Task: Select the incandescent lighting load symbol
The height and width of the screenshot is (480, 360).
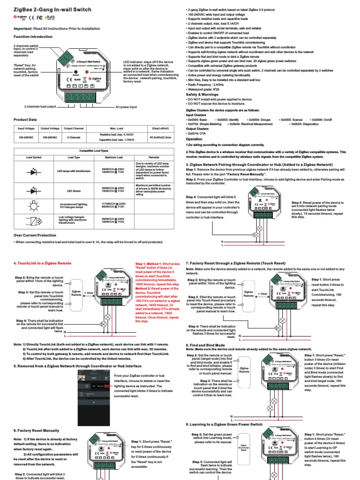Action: (34, 205)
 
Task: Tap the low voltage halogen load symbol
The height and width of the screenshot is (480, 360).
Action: (34, 220)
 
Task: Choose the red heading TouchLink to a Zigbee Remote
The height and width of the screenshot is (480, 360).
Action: (43, 263)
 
